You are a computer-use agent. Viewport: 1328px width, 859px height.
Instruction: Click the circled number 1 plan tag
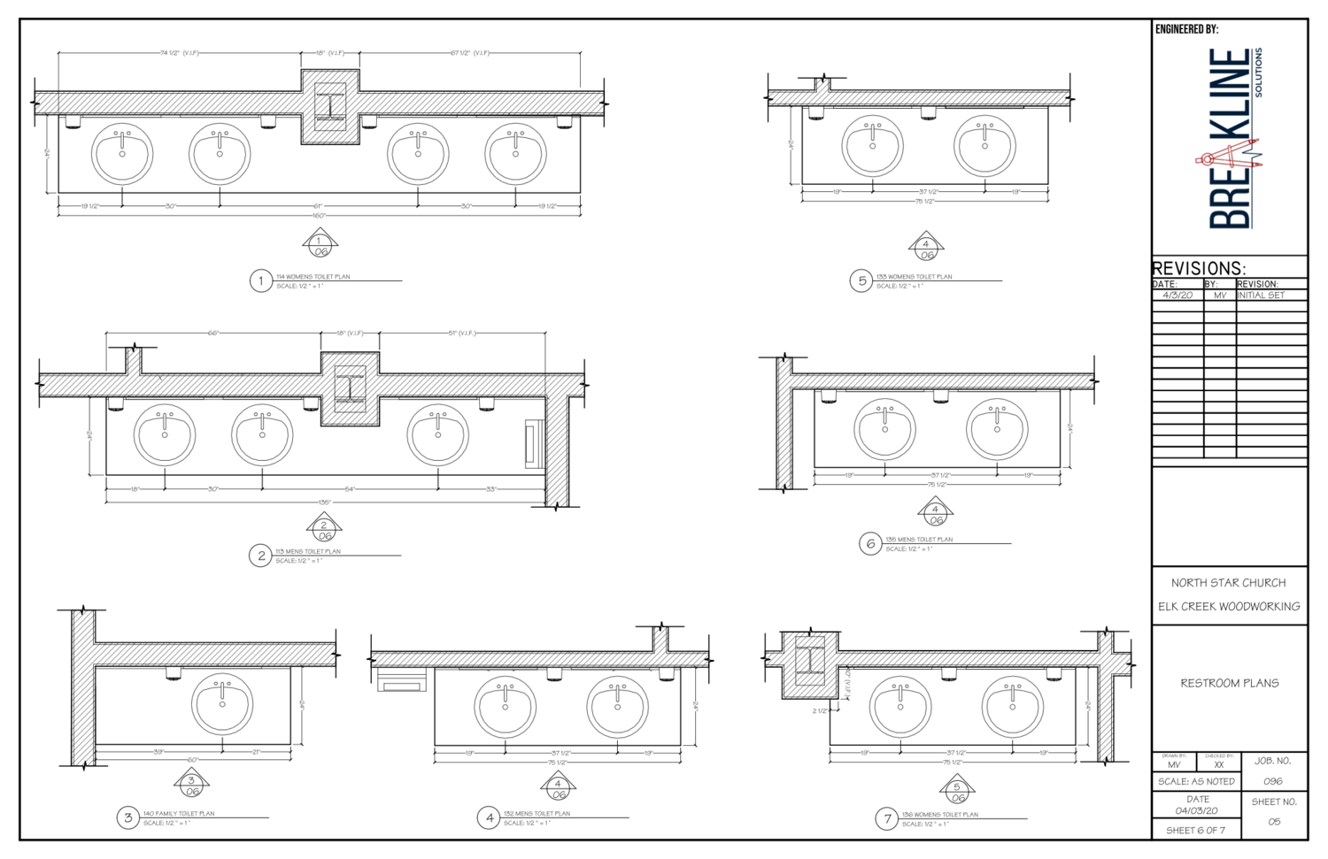click(x=260, y=281)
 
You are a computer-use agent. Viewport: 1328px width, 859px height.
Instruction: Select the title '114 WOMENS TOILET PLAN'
click(x=313, y=277)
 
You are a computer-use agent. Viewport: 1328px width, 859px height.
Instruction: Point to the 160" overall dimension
click(x=319, y=215)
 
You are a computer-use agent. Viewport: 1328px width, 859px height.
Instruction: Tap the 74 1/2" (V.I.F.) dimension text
click(x=179, y=53)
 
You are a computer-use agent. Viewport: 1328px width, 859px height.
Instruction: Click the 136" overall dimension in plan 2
click(x=324, y=502)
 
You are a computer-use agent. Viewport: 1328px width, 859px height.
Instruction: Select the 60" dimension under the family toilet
click(x=192, y=760)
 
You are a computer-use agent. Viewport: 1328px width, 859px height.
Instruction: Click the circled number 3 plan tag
click(x=128, y=817)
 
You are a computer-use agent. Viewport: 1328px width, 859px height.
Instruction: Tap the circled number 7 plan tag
click(x=887, y=818)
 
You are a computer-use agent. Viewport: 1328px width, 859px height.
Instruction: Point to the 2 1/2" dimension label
click(x=820, y=710)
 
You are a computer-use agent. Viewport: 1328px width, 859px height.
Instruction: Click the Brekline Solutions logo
click(x=1232, y=139)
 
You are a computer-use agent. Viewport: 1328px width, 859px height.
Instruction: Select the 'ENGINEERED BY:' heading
click(x=1186, y=30)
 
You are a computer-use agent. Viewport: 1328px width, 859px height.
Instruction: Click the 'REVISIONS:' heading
click(x=1199, y=268)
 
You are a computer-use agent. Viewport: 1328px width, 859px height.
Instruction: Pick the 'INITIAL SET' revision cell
click(x=1261, y=295)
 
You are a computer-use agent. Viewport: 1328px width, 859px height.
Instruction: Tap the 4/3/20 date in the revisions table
click(x=1177, y=295)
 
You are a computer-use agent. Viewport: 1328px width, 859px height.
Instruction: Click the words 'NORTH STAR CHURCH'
click(x=1228, y=583)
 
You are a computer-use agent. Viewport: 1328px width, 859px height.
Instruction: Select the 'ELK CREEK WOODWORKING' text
click(x=1229, y=607)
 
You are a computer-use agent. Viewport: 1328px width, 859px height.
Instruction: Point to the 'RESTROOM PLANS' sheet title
click(x=1229, y=683)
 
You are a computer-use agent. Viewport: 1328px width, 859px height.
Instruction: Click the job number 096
click(x=1272, y=782)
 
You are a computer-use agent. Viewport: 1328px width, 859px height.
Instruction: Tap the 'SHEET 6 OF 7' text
click(x=1195, y=831)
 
